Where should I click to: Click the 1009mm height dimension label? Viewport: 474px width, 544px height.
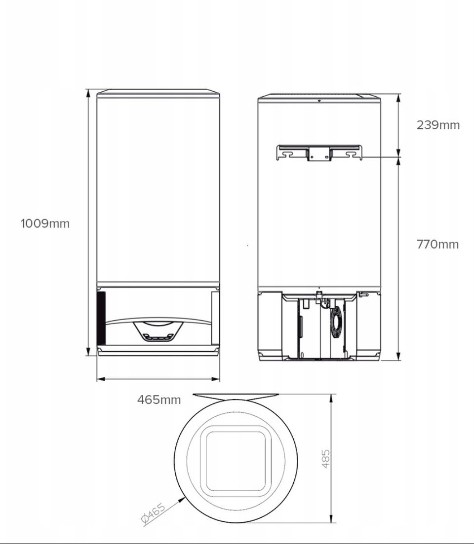45,223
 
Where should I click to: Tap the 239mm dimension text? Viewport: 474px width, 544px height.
438,125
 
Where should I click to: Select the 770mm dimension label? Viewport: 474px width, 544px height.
437,244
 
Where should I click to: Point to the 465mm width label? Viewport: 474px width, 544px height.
159,399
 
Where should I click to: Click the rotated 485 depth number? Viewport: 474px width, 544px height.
326,459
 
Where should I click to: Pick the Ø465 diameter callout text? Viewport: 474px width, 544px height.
154,513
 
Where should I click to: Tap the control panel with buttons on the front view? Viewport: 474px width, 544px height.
158,332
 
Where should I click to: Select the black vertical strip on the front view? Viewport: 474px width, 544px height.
101,318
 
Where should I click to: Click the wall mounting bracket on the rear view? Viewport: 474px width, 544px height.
319,153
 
